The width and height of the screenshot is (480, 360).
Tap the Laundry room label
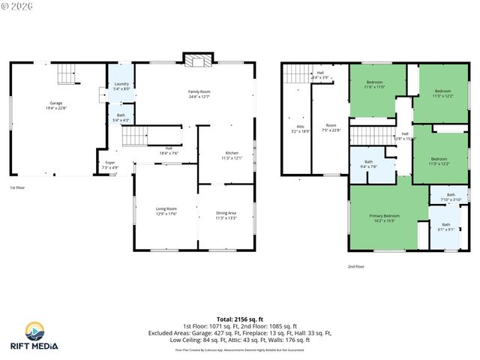pyautogui.click(x=121, y=87)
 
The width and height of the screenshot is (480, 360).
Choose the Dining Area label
pyautogui.click(x=226, y=215)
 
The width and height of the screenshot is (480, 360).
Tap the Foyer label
pyautogui.click(x=109, y=164)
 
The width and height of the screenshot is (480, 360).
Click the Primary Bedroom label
pyautogui.click(x=383, y=218)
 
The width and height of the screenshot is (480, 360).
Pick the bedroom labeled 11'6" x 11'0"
pyautogui.click(x=375, y=85)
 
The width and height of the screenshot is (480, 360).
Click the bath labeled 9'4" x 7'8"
pyautogui.click(x=368, y=164)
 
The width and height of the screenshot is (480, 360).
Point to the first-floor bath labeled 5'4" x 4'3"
pyautogui.click(x=121, y=118)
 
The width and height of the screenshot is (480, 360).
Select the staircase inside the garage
pyautogui.click(x=67, y=74)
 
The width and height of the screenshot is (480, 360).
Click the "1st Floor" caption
pyautogui.click(x=17, y=187)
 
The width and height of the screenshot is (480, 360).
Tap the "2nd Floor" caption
pyautogui.click(x=355, y=266)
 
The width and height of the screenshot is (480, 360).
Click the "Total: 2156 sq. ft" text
pyautogui.click(x=239, y=319)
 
